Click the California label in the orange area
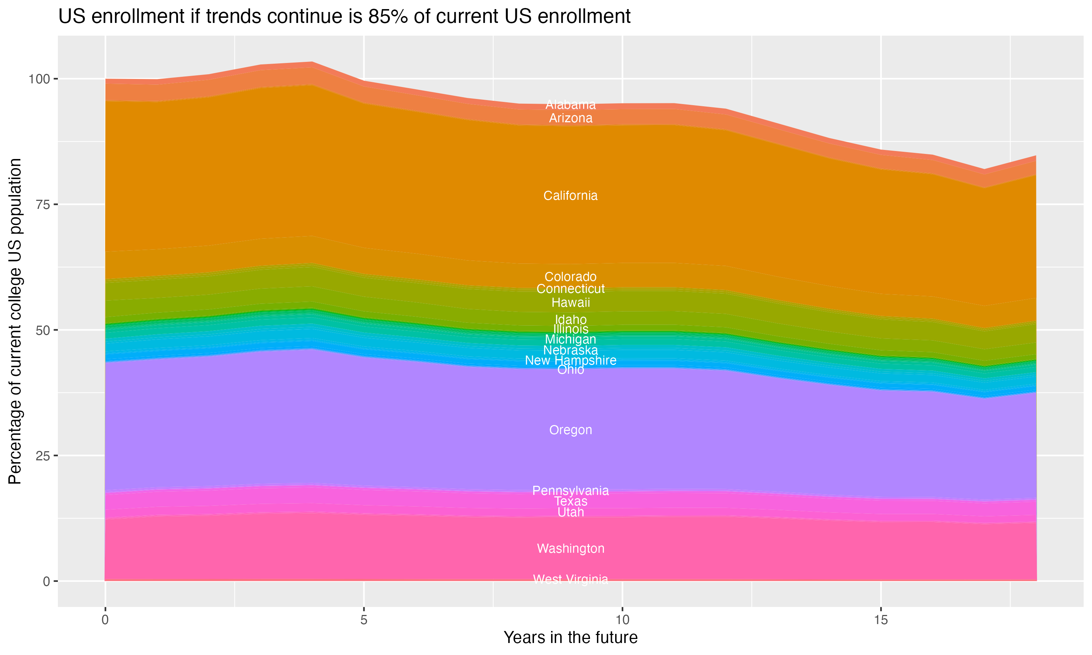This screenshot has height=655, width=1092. coord(570,195)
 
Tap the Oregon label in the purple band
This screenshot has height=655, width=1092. coord(570,430)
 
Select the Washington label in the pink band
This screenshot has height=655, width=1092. coord(570,549)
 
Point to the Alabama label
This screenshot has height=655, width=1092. coord(570,104)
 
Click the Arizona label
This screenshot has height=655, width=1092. coord(570,118)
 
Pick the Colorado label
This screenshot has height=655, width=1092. coord(570,277)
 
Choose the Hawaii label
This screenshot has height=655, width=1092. coord(570,303)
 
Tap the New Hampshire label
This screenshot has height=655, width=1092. coord(570,361)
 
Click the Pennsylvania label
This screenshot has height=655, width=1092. coord(570,491)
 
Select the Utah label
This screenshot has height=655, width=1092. coord(570,512)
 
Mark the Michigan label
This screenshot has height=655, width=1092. coord(570,340)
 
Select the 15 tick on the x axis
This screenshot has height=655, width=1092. coord(881,620)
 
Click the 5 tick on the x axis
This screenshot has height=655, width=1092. coord(364,620)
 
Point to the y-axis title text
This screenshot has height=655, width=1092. coord(15,321)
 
